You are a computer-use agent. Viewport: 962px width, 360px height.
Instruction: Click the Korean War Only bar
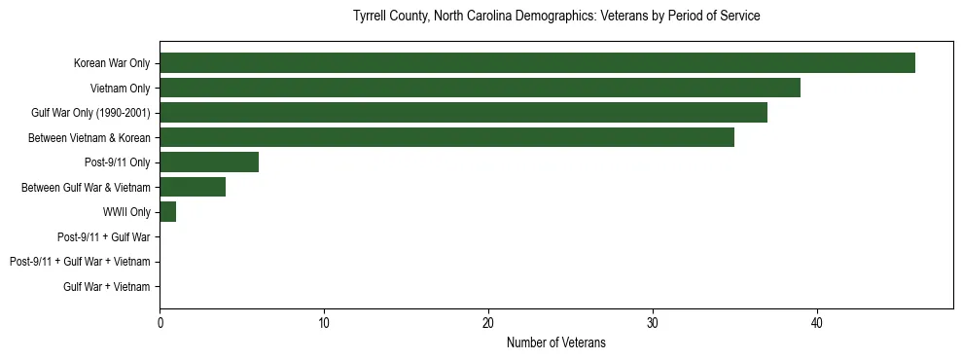(537, 63)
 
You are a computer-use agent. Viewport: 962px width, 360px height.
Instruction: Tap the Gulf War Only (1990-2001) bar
(463, 113)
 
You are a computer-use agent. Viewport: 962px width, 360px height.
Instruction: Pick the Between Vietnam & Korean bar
(446, 137)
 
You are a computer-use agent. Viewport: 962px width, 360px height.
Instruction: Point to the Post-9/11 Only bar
(209, 162)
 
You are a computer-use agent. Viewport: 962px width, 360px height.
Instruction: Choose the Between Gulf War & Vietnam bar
(193, 187)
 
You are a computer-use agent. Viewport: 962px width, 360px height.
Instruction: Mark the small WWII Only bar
(167, 212)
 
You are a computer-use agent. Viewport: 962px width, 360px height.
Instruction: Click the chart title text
(555, 17)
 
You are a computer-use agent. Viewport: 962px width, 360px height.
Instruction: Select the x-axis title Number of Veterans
(555, 342)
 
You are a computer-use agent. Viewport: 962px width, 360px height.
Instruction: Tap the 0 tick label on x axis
(160, 323)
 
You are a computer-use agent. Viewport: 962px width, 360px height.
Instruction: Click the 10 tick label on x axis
(324, 323)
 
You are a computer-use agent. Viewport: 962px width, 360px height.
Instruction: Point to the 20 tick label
(488, 323)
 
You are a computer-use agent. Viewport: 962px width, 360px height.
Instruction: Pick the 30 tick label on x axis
(653, 323)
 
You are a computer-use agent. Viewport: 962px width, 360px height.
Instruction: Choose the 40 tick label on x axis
(817, 323)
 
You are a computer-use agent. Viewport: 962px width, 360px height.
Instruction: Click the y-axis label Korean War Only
(112, 64)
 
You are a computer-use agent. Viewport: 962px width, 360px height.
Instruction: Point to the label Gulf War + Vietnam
(107, 286)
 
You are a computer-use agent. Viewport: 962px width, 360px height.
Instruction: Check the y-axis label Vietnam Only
(120, 89)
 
